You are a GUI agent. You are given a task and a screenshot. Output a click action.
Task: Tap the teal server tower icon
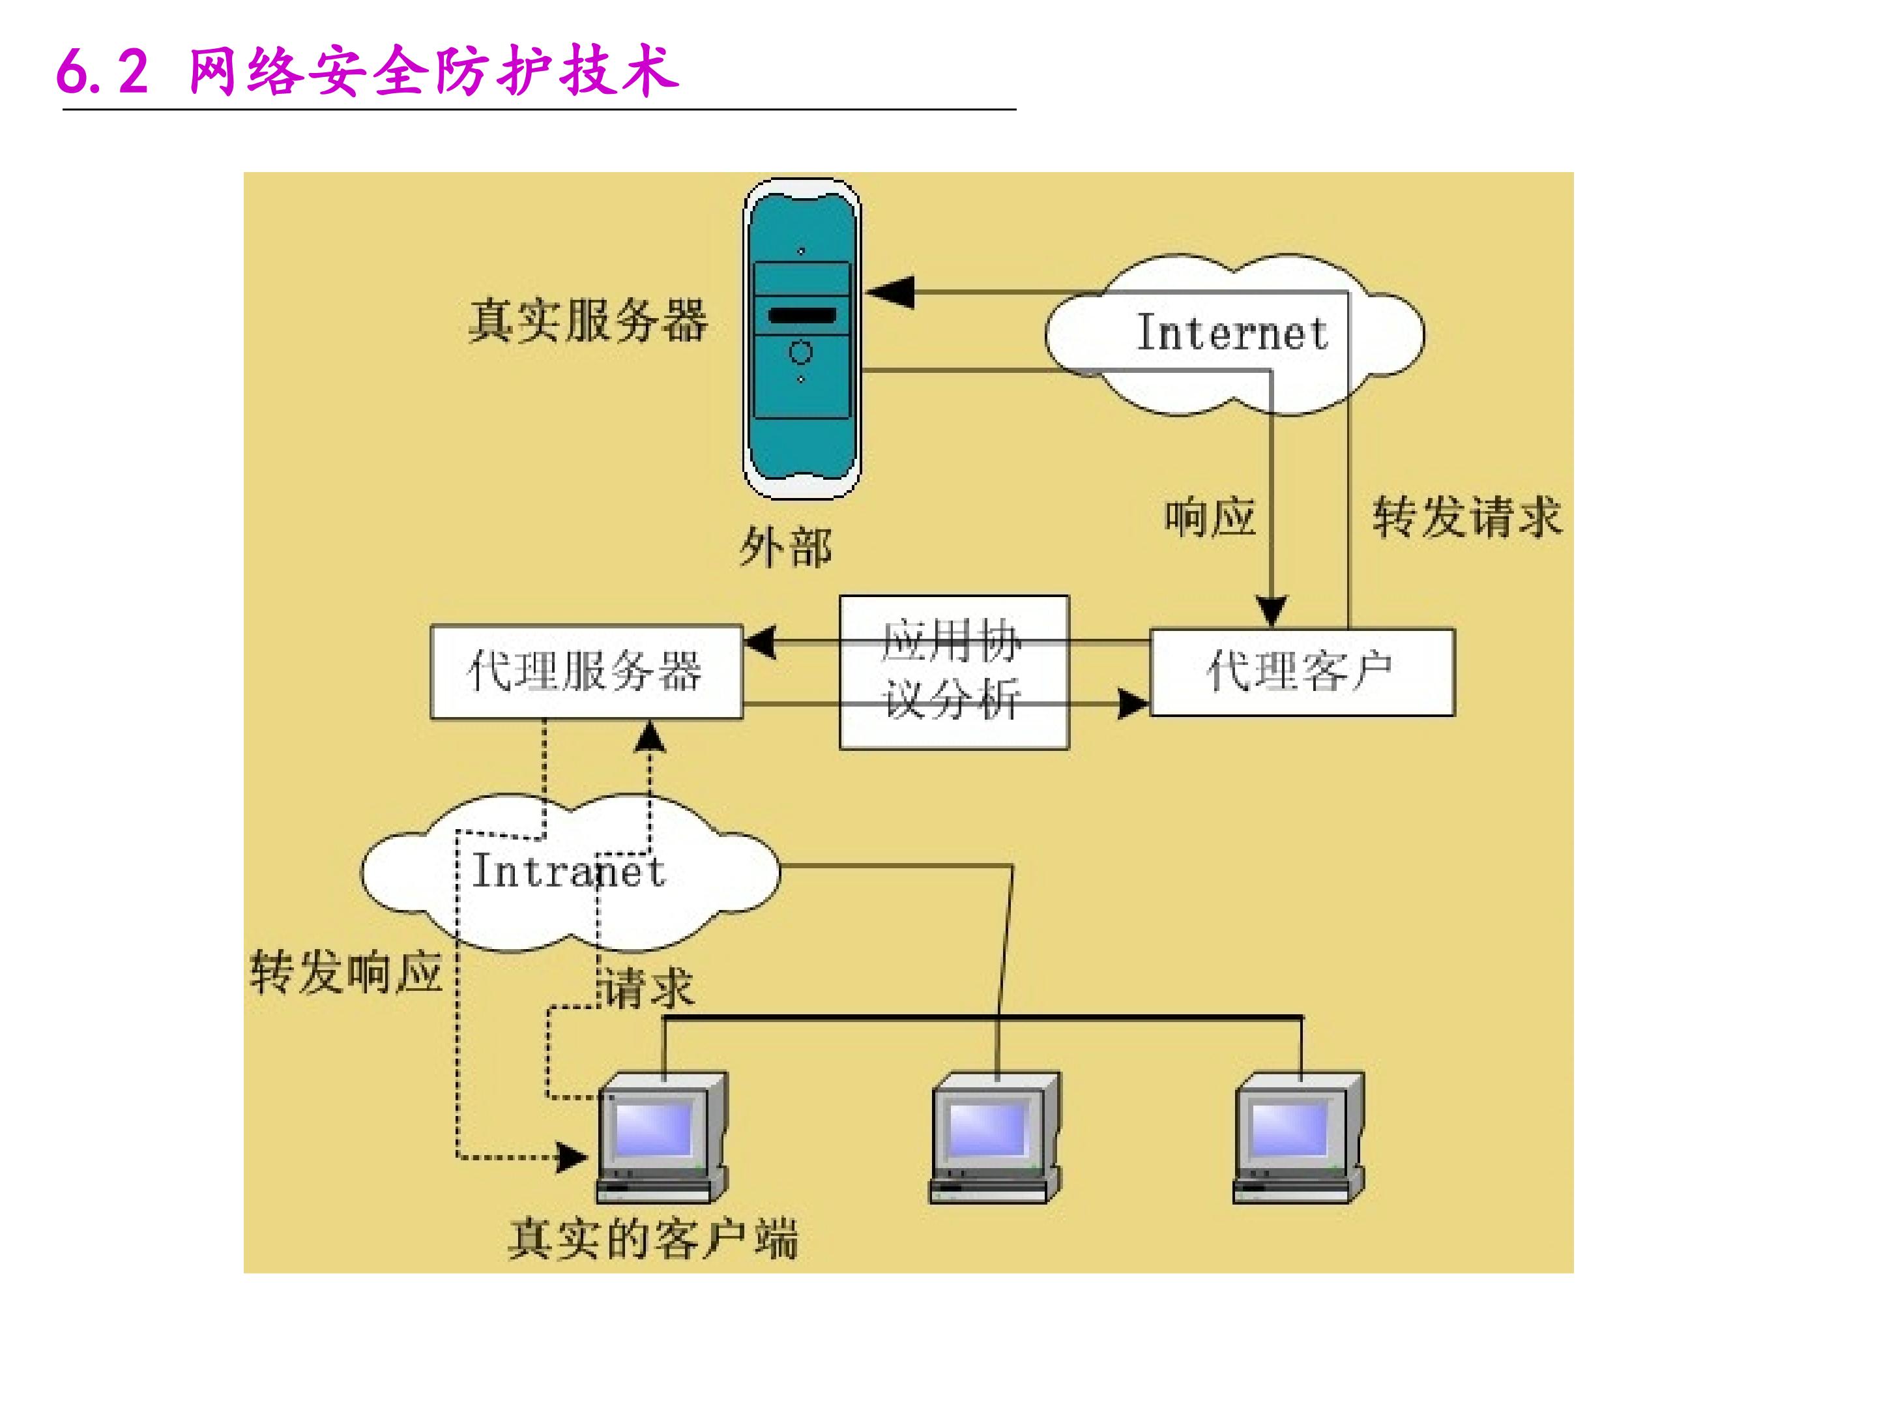pyautogui.click(x=801, y=340)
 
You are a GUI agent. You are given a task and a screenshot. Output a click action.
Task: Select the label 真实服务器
pyautogui.click(x=587, y=321)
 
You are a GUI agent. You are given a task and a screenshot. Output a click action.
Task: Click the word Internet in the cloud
pyautogui.click(x=1231, y=332)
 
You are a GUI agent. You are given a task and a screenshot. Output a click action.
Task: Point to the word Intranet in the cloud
pyautogui.click(x=568, y=871)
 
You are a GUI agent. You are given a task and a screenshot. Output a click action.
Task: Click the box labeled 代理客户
pyautogui.click(x=1301, y=672)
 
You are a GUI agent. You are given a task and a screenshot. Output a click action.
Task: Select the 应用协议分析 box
pyautogui.click(x=953, y=672)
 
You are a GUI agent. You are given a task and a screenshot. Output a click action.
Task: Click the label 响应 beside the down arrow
pyautogui.click(x=1209, y=517)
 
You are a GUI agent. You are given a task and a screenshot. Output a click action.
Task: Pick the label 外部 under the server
pyautogui.click(x=785, y=548)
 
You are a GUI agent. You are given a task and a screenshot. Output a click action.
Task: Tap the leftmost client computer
pyautogui.click(x=663, y=1137)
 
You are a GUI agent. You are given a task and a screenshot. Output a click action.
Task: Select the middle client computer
pyautogui.click(x=995, y=1137)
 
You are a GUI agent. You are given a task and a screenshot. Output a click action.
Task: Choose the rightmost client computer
pyautogui.click(x=1298, y=1137)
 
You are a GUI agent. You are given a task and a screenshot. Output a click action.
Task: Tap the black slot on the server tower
pyautogui.click(x=801, y=315)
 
